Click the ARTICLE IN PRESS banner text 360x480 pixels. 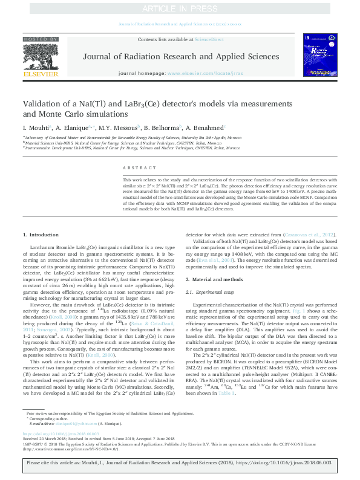click(180, 9)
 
